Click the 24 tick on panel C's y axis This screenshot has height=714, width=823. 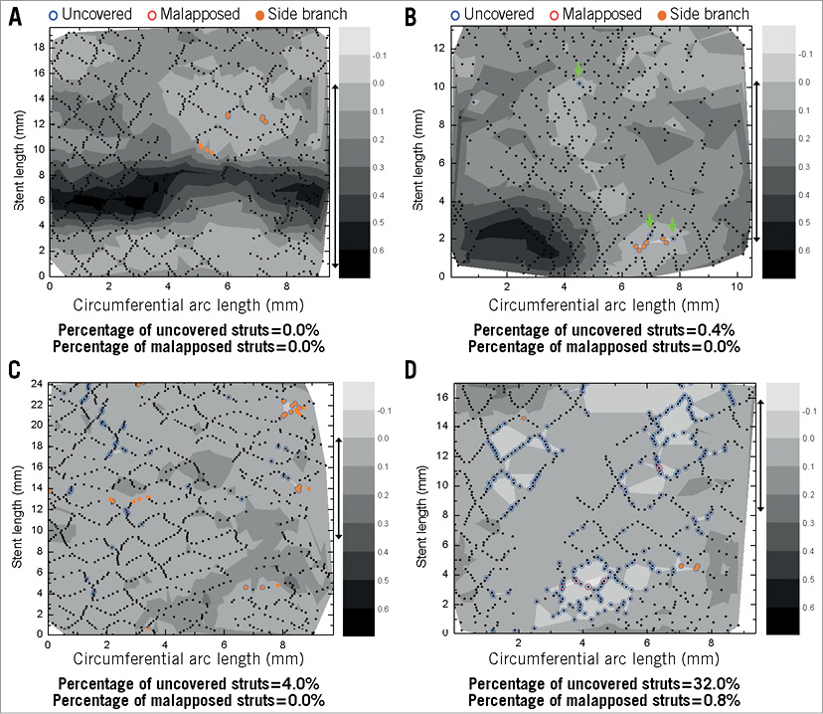coord(38,382)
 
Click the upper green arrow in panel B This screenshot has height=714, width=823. coord(579,70)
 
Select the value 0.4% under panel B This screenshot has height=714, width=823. coord(704,328)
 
